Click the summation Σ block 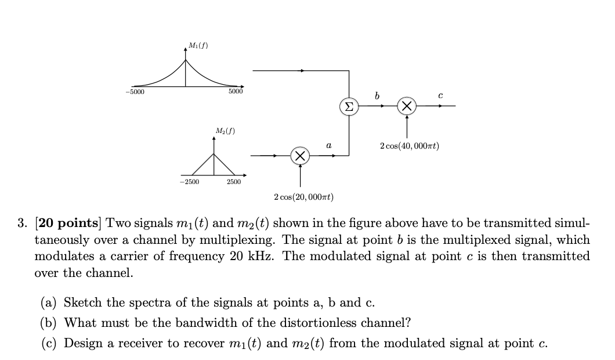pyautogui.click(x=349, y=106)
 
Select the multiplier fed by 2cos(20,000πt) pyautogui.click(x=300, y=156)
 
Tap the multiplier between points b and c pyautogui.click(x=407, y=106)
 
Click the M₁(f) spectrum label pyautogui.click(x=198, y=45)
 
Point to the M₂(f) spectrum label pyautogui.click(x=225, y=131)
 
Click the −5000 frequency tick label pyautogui.click(x=135, y=92)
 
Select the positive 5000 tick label pyautogui.click(x=236, y=92)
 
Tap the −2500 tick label pyautogui.click(x=190, y=182)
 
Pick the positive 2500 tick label pyautogui.click(x=234, y=182)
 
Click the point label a pyautogui.click(x=329, y=145)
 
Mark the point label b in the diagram pyautogui.click(x=377, y=95)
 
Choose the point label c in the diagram pyautogui.click(x=440, y=95)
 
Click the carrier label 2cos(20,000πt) pyautogui.click(x=304, y=197)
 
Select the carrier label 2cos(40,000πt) pyautogui.click(x=410, y=146)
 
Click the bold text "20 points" pyautogui.click(x=68, y=223)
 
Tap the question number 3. pyautogui.click(x=23, y=224)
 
